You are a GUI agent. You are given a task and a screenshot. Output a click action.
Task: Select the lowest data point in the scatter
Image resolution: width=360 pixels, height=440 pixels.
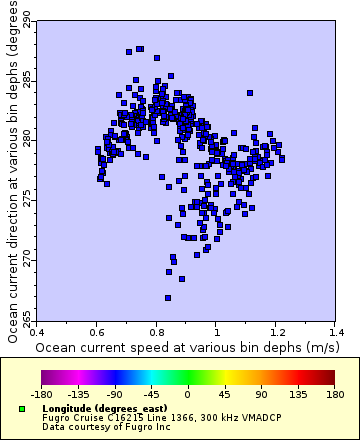[168, 297]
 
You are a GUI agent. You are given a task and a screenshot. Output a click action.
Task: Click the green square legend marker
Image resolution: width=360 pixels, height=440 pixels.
[22, 410]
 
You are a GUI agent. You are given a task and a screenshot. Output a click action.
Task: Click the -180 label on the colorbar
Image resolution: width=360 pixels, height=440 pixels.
[41, 395]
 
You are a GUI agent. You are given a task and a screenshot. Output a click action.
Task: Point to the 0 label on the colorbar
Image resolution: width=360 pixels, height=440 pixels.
[187, 395]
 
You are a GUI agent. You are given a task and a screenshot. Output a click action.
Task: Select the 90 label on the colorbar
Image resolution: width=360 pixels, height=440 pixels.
[260, 395]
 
